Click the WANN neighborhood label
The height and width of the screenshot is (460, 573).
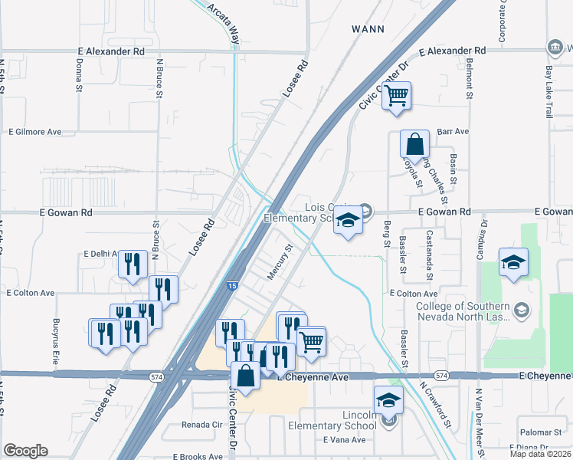(x=367, y=28)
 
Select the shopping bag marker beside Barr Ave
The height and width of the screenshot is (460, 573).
(x=414, y=143)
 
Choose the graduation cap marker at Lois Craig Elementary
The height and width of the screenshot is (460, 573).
(x=348, y=221)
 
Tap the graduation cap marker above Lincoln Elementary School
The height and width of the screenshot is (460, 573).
(x=388, y=400)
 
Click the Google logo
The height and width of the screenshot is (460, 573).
(x=25, y=451)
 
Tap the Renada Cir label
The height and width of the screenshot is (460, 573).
(x=201, y=424)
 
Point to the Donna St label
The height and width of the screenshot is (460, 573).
(x=79, y=76)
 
